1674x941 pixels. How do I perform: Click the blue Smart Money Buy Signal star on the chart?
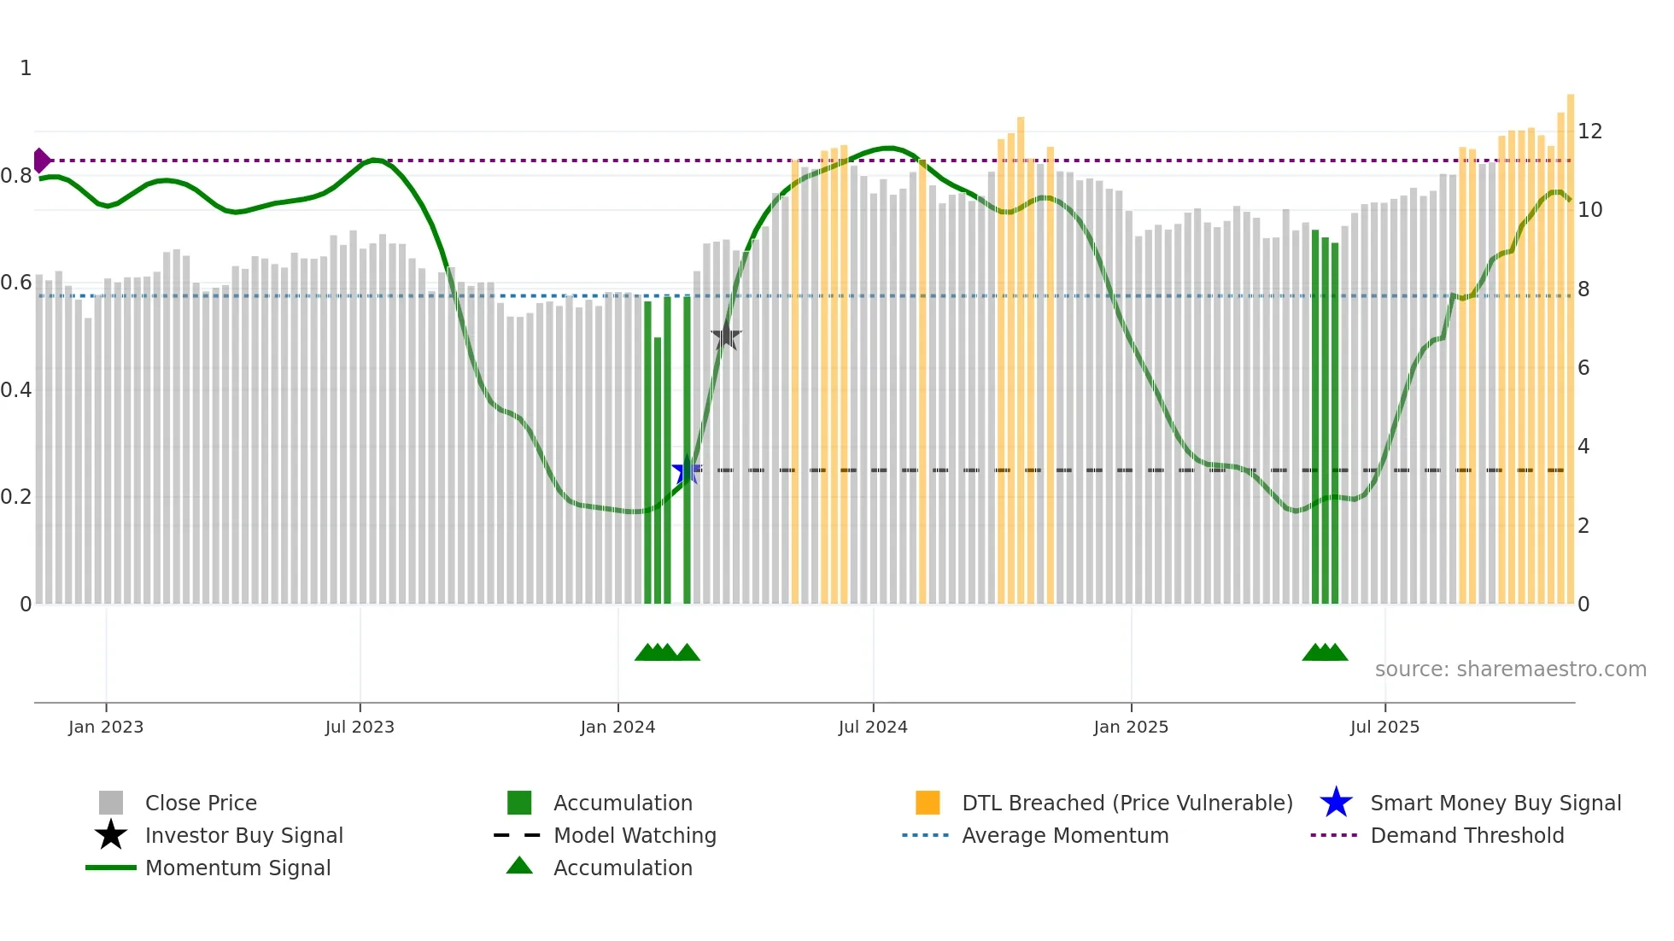click(686, 470)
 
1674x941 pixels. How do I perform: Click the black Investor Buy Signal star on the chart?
click(726, 336)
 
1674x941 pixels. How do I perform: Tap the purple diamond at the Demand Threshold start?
click(41, 161)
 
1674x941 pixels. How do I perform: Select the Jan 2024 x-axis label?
click(618, 728)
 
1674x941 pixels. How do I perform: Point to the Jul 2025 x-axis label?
click(1384, 728)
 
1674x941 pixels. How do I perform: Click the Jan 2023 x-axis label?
click(106, 728)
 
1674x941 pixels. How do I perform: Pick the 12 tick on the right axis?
click(1589, 132)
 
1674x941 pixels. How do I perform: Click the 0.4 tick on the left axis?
click(17, 390)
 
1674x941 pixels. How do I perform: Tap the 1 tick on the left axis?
click(26, 68)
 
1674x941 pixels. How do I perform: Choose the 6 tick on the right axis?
click(1583, 368)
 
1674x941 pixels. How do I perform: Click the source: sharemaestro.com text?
click(1510, 669)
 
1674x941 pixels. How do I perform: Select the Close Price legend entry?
click(201, 804)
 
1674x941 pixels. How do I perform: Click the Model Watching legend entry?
click(635, 836)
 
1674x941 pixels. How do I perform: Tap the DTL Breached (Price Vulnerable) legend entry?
click(1127, 804)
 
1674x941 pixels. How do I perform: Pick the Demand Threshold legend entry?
click(1466, 836)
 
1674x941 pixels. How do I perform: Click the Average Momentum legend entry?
click(1065, 836)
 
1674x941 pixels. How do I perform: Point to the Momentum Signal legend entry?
click(237, 868)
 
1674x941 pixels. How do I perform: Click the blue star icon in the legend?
click(1336, 804)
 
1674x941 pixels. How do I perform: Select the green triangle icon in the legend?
click(519, 867)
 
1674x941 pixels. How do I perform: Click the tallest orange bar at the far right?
click(1571, 342)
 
